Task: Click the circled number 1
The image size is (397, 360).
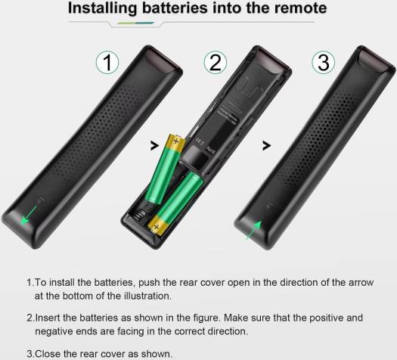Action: tap(107, 63)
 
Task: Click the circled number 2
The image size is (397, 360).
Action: tap(216, 63)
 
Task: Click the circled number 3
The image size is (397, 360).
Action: tap(323, 63)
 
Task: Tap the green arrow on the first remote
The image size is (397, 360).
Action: tap(29, 215)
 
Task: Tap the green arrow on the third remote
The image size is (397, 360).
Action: tap(254, 230)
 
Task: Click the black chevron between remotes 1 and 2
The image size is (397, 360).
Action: tap(154, 145)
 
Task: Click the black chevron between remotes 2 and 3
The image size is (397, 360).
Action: tap(266, 145)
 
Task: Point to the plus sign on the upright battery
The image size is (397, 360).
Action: tap(176, 141)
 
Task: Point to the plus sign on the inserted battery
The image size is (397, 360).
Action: tap(157, 227)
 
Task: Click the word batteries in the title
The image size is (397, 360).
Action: tap(175, 8)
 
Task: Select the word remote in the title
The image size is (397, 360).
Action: tap(300, 8)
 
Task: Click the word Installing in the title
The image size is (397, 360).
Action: tap(102, 8)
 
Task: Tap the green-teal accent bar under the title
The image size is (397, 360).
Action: tap(135, 23)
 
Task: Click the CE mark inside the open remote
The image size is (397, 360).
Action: tap(200, 142)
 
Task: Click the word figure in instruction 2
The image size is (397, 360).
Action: tap(207, 318)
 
